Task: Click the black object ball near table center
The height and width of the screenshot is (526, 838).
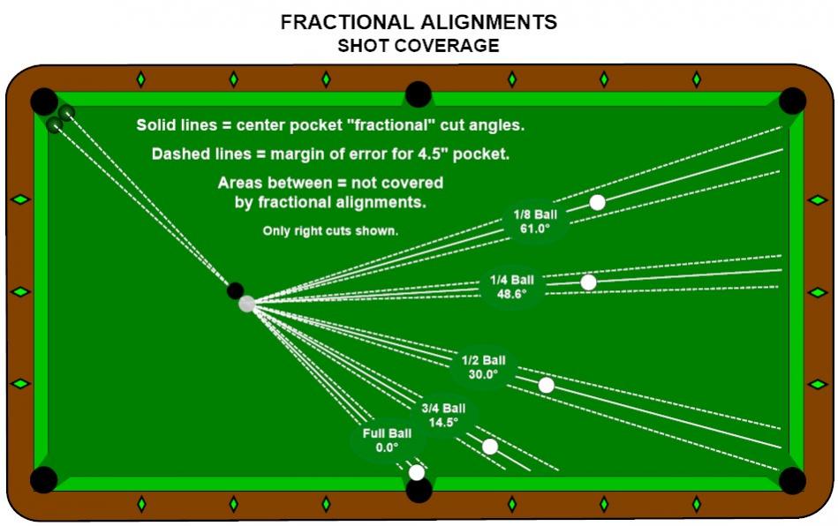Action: click(235, 290)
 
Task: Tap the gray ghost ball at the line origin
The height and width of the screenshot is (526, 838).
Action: click(246, 304)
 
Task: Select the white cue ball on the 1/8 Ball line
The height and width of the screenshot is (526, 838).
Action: click(598, 202)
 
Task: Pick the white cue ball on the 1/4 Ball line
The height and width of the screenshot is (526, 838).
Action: click(588, 282)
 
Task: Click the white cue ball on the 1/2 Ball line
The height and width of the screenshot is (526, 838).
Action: click(547, 385)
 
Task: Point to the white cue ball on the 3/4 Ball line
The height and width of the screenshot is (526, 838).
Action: click(490, 447)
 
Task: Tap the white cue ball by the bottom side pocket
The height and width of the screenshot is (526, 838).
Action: click(416, 472)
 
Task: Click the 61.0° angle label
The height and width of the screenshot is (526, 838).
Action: click(535, 229)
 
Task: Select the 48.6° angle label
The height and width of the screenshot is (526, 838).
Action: click(511, 294)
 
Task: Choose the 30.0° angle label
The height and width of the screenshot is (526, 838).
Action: click(483, 374)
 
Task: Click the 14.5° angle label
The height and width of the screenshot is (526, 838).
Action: click(443, 423)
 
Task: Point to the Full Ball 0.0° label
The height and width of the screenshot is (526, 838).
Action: click(387, 440)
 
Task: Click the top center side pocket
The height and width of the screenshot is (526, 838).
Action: click(419, 94)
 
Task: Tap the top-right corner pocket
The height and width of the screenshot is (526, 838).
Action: click(792, 101)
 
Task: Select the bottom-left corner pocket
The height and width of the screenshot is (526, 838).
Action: click(44, 479)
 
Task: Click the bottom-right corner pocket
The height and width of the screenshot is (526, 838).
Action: click(792, 479)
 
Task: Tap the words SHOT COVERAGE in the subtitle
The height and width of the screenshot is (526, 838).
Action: click(419, 45)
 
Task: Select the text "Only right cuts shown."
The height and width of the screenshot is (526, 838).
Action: click(330, 230)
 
